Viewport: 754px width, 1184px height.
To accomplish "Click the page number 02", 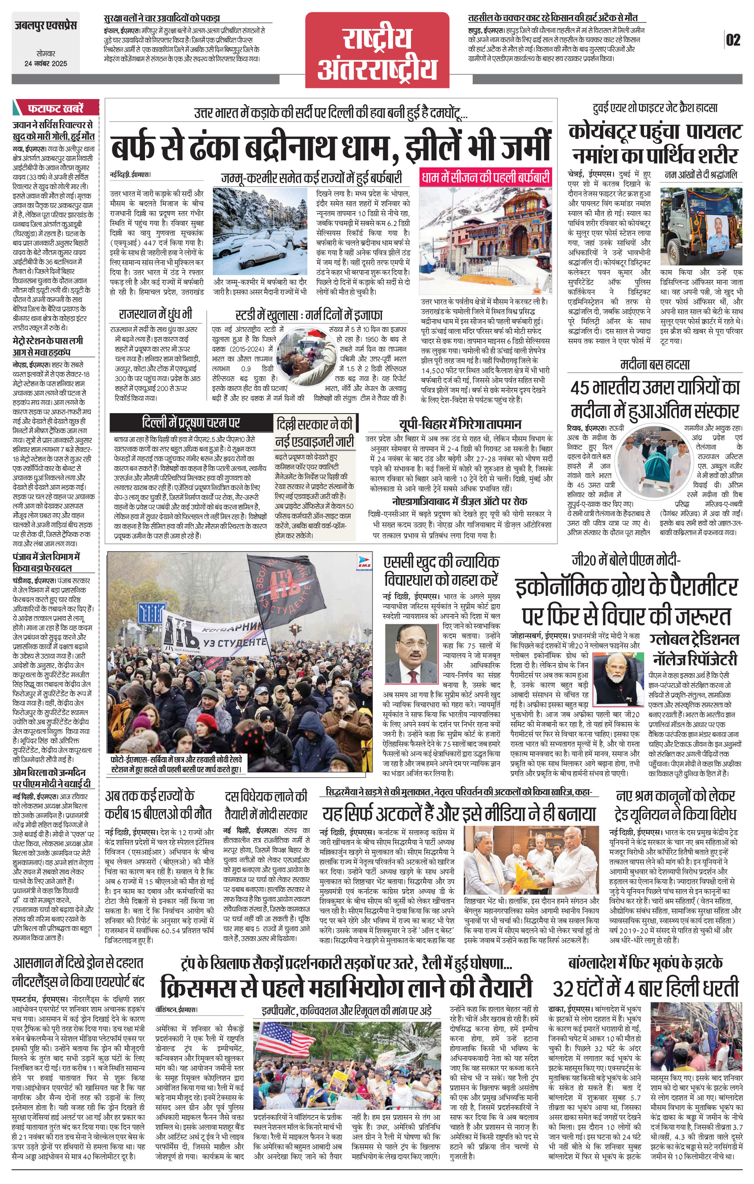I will click(733, 39).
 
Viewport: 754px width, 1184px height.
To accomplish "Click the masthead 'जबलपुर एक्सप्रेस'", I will click(46, 25).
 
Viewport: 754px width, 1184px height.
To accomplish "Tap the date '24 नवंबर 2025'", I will click(46, 63).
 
